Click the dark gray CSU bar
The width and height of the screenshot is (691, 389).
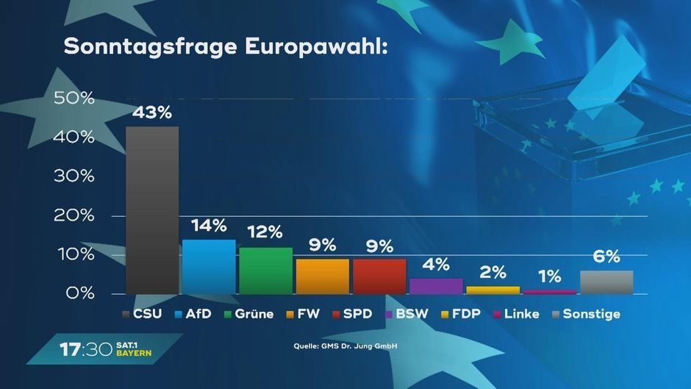152,210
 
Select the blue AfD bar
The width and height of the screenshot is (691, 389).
209,266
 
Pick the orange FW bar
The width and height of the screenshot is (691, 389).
322,276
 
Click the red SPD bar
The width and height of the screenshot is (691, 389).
379,276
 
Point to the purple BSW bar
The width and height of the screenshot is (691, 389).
436,285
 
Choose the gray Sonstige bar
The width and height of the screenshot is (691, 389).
606,282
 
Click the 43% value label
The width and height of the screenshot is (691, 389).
152,113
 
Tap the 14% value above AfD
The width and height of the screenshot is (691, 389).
209,226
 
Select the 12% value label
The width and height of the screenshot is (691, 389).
265,232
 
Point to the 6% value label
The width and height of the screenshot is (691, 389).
606,257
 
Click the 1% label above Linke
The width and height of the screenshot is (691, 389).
549,276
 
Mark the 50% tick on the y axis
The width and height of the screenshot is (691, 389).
74,98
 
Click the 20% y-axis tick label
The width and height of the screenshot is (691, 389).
74,215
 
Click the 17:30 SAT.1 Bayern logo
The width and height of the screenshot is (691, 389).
106,349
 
